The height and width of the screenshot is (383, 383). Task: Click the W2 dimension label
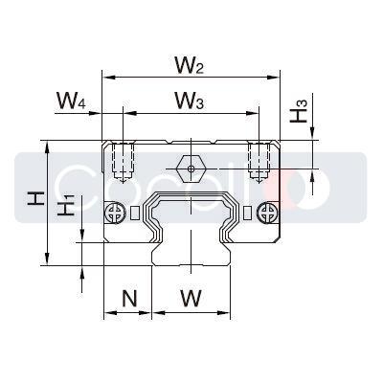[190, 65]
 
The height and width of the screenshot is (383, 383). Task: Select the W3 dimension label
[189, 100]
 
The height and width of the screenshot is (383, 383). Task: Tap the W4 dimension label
[73, 100]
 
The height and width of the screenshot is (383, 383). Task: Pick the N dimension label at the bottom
[129, 298]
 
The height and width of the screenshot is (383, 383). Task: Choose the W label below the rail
[191, 298]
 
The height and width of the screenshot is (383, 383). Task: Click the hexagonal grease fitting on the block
[191, 169]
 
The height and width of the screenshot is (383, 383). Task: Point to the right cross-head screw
[265, 211]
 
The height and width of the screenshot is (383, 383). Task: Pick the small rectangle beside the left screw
[134, 211]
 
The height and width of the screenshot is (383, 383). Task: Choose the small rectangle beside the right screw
[248, 211]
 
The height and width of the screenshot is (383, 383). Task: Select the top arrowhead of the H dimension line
[45, 146]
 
